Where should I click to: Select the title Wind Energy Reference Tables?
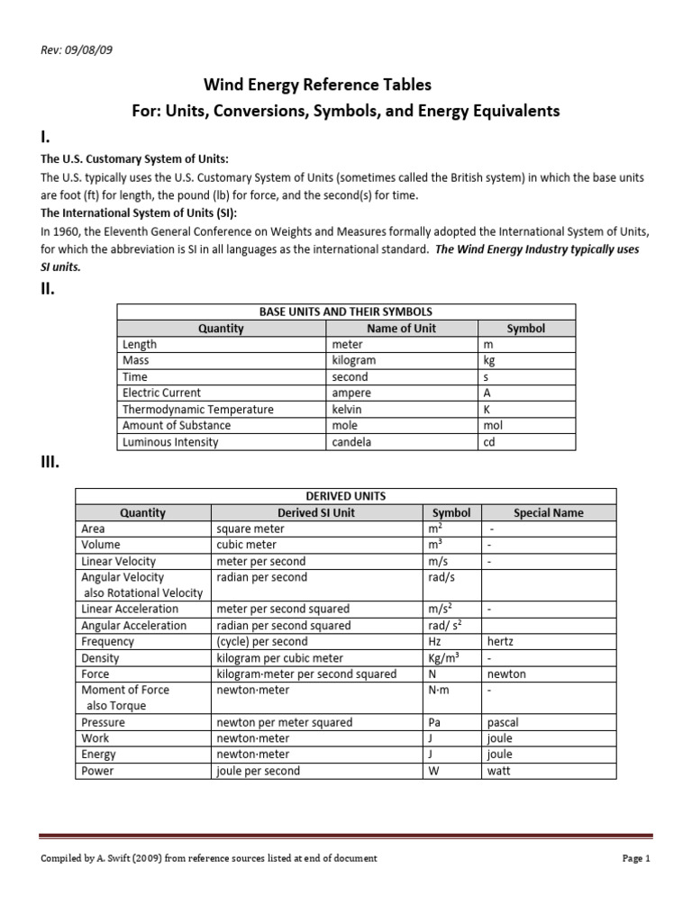click(317, 85)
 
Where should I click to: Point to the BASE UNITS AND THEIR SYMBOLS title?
click(345, 312)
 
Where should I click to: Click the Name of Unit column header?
click(401, 328)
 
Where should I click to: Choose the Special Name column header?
click(548, 512)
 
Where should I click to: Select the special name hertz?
click(502, 642)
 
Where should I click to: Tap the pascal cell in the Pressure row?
click(503, 722)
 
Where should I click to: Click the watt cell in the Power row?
click(499, 771)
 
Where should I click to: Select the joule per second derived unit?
click(259, 771)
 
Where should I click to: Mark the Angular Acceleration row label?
click(134, 626)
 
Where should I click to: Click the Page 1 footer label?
click(635, 858)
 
